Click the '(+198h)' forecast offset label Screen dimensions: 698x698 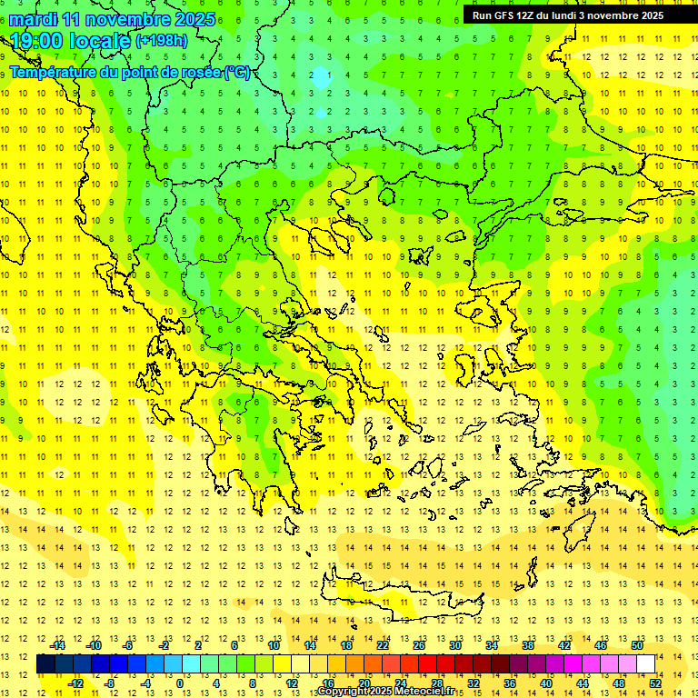click(164, 41)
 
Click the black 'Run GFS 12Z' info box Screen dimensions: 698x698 click(567, 15)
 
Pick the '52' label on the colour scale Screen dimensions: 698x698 click(656, 683)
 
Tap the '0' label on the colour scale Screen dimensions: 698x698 click(180, 683)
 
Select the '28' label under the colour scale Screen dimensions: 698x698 click(437, 683)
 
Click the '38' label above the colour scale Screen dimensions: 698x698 click(528, 645)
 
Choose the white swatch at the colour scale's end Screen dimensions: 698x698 click(645, 664)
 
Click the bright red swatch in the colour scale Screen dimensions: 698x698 click(427, 664)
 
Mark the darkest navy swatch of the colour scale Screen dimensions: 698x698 click(45, 664)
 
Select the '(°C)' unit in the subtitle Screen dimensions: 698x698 click(237, 73)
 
